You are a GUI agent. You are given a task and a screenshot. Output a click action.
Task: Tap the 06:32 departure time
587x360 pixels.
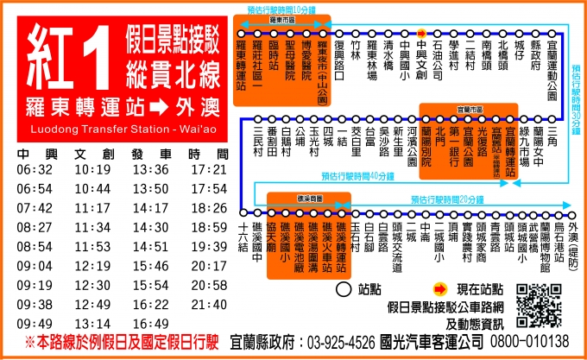click(x=35, y=169)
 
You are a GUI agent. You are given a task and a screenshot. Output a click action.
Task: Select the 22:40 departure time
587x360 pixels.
click(x=208, y=305)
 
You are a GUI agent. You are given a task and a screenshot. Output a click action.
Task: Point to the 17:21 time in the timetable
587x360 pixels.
click(x=208, y=169)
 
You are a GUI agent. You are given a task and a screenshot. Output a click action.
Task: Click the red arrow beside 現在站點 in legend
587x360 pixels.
click(x=439, y=288)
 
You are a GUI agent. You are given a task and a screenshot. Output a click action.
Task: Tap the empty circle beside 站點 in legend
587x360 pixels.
click(x=342, y=288)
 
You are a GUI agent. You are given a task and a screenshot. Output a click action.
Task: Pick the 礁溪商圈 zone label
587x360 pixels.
click(x=306, y=198)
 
